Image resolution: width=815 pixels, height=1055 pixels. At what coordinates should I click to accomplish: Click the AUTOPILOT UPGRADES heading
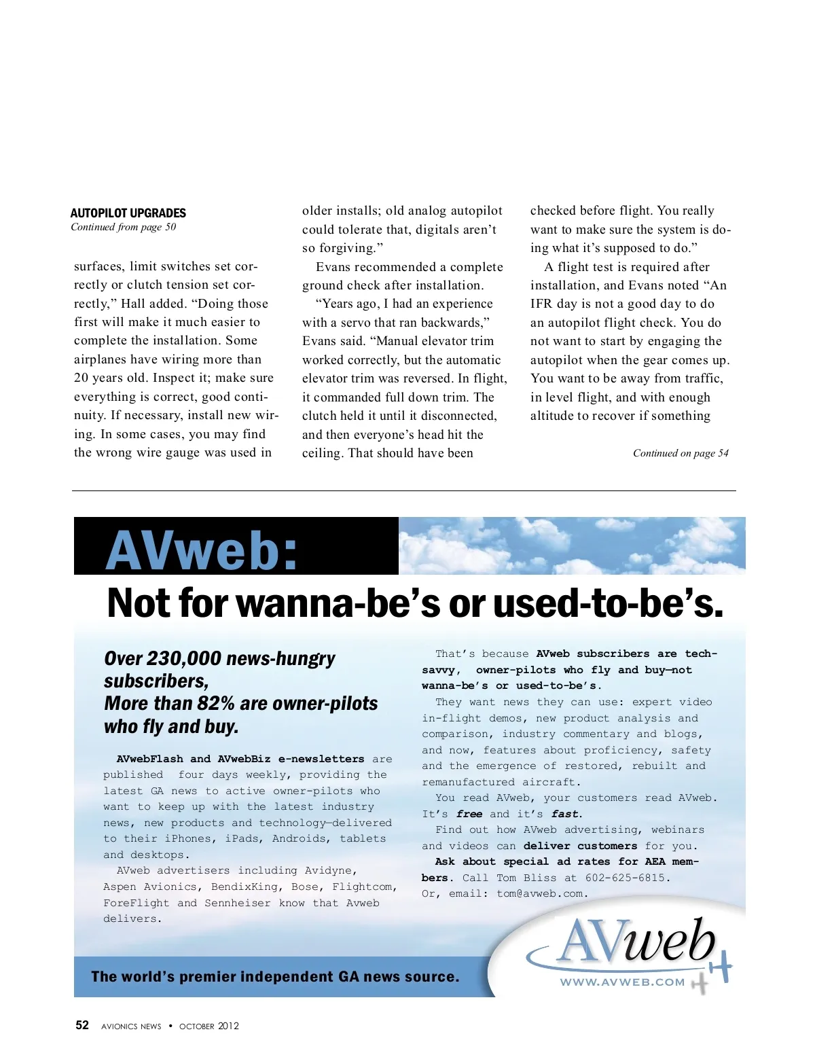tap(128, 213)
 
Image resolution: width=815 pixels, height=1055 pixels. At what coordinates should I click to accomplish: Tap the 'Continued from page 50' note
tap(123, 227)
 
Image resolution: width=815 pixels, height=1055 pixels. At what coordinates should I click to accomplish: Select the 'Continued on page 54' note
tap(680, 453)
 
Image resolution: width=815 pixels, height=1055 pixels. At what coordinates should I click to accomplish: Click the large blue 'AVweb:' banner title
tap(202, 550)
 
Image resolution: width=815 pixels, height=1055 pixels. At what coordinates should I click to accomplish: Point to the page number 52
tap(82, 1025)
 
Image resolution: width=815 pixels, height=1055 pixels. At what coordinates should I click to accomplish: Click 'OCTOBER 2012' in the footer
tap(209, 1026)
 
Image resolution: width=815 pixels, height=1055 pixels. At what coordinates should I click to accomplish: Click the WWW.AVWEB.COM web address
tap(622, 982)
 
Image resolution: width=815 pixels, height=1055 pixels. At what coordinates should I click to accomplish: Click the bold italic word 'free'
tap(469, 814)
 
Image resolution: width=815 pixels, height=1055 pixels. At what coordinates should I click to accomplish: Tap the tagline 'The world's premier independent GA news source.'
tap(275, 977)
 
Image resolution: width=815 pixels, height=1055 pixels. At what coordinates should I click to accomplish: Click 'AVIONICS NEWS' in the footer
tap(131, 1026)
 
